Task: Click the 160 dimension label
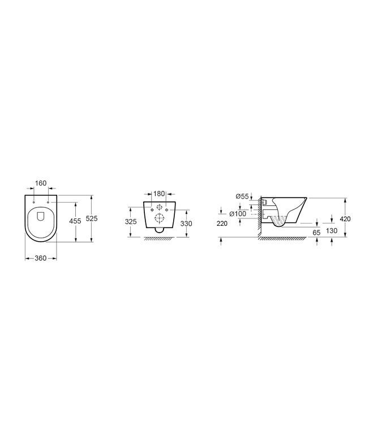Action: pos(41,183)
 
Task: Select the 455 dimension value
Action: pos(75,221)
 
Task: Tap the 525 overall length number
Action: pos(92,218)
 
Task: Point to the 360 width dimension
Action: pos(41,259)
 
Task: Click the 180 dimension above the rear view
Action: pos(159,194)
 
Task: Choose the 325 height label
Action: pos(131,222)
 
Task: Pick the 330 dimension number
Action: pos(186,224)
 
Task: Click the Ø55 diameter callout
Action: pos(242,196)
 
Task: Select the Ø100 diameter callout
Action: pos(238,214)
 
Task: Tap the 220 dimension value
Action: pos(222,224)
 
